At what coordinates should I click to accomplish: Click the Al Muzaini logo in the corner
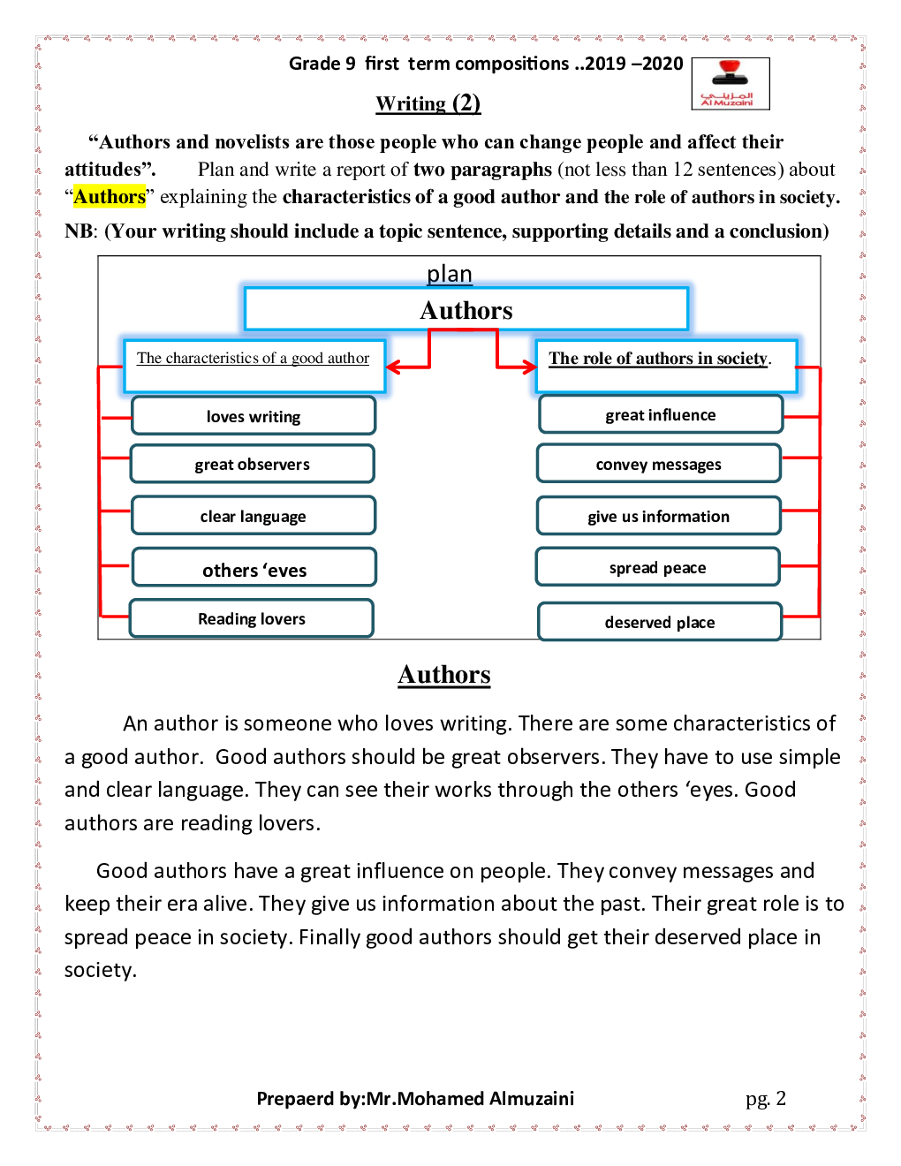730,84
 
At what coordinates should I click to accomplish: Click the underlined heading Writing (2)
428,103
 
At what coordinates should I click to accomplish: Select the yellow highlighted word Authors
110,197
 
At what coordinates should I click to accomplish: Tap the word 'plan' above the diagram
450,274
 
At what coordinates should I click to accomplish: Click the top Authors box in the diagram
466,310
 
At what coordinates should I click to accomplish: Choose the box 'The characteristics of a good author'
254,365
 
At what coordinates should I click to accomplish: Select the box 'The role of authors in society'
665,365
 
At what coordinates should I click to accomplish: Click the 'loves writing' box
254,416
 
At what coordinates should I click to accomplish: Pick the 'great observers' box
253,464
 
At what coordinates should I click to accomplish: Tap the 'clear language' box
254,516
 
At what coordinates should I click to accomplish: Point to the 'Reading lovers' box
252,618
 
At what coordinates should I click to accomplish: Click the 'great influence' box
660,414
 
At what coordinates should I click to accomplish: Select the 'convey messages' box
658,464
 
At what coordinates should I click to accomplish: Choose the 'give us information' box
658,516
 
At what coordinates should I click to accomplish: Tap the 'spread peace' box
657,567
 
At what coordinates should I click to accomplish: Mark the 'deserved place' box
660,622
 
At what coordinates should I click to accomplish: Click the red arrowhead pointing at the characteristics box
394,367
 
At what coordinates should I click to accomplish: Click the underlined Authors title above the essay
444,674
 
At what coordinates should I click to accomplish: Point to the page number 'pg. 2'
765,1098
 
